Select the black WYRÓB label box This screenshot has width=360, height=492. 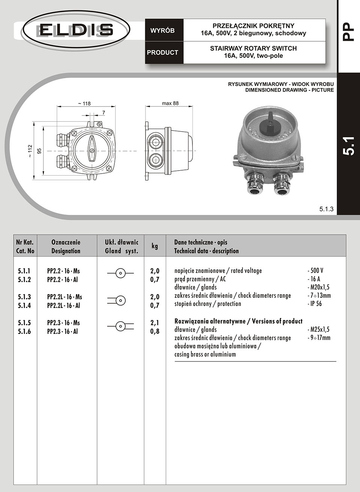[162, 30]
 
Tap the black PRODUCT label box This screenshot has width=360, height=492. [162, 52]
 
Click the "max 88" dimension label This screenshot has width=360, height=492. [170, 103]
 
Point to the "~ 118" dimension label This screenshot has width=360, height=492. [84, 103]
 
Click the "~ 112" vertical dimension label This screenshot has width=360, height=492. [30, 151]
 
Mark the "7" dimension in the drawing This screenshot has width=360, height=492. [103, 112]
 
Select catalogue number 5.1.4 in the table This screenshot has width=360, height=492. [24, 306]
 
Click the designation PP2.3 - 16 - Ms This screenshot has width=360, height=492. [63, 323]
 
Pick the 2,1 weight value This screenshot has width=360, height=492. [155, 323]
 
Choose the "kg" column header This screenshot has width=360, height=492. [154, 246]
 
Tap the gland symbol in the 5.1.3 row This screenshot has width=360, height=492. [120, 300]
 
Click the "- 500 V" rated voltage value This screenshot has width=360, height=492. [316, 271]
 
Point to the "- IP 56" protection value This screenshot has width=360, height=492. [315, 304]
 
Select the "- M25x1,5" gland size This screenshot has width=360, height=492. [318, 330]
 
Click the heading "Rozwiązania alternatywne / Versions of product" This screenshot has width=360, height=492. [238, 321]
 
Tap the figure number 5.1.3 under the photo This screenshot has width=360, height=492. [326, 209]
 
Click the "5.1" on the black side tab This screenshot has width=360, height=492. [348, 146]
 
